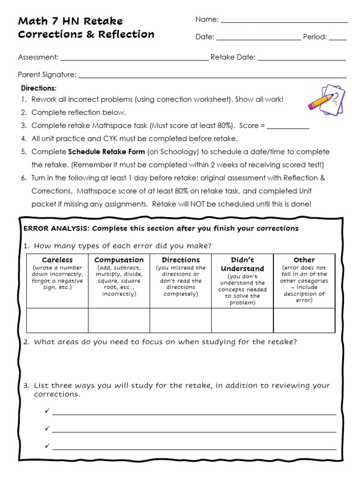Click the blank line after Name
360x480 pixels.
click(x=284, y=22)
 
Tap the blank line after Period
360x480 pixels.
click(x=337, y=40)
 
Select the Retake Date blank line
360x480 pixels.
click(x=302, y=60)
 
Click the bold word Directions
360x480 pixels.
click(x=38, y=88)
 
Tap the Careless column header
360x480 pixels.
click(x=58, y=260)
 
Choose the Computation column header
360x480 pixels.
click(x=119, y=260)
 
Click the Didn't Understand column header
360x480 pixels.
click(x=242, y=264)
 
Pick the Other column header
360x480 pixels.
click(x=304, y=260)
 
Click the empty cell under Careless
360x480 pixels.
click(x=58, y=320)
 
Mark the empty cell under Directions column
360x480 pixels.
click(x=180, y=320)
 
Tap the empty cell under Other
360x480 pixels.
click(x=304, y=320)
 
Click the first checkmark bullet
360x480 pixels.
click(x=46, y=411)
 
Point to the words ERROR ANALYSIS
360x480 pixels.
click(x=56, y=228)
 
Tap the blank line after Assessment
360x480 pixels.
click(x=135, y=60)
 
